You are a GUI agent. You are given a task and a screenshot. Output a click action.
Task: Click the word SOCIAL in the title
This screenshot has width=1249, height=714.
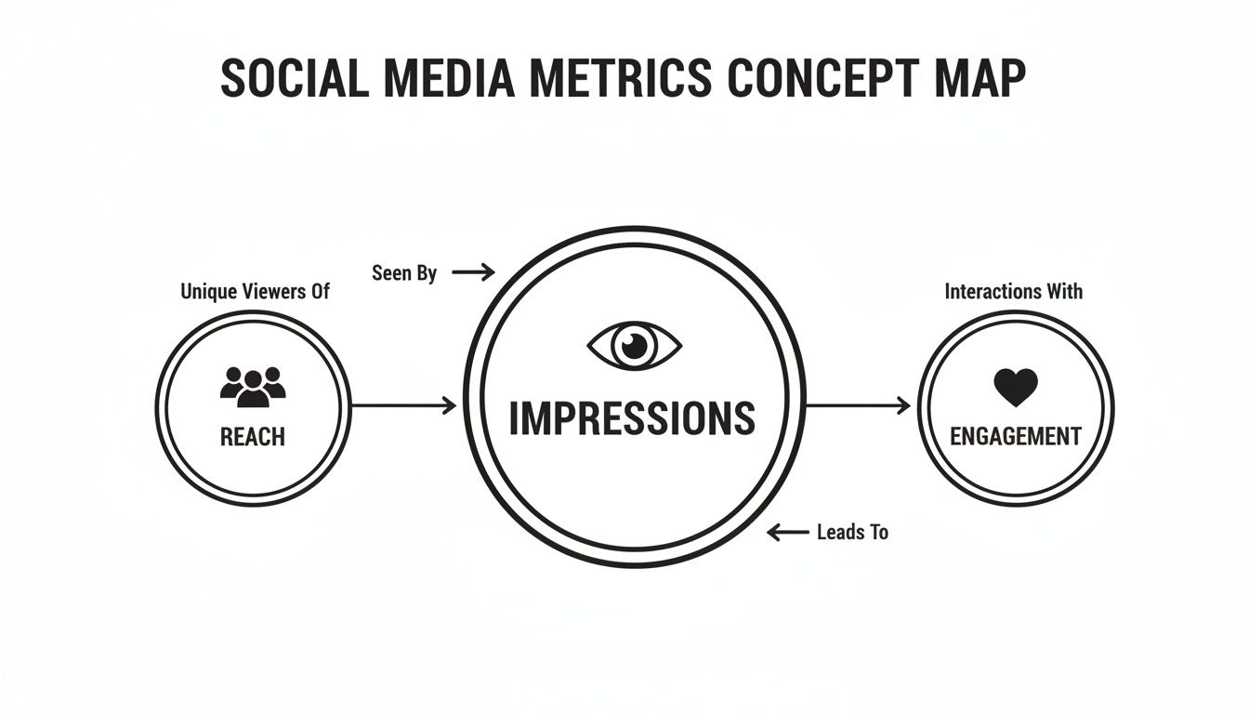(295, 79)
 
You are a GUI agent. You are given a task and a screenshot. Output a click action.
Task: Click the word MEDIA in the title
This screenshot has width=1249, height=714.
(449, 79)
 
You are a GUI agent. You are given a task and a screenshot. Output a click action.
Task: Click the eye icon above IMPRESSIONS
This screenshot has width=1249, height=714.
(634, 346)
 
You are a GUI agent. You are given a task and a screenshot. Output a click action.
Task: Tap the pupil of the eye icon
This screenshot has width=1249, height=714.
(634, 346)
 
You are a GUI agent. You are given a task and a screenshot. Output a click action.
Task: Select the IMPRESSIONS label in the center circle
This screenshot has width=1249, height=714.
(632, 417)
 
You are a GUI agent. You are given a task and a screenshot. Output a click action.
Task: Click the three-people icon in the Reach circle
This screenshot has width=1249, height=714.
(253, 387)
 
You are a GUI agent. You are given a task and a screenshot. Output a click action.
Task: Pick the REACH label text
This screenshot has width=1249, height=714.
(253, 437)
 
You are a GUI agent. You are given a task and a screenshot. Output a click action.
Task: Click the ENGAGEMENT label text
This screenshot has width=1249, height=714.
(1016, 437)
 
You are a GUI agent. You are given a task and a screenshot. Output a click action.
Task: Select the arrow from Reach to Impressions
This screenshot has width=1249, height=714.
(404, 405)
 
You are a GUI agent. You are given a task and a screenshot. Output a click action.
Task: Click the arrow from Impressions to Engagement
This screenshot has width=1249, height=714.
(858, 405)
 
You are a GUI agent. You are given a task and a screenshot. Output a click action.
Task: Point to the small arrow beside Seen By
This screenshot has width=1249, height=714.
(473, 272)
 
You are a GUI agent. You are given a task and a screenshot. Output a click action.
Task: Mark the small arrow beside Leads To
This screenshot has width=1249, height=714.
(788, 532)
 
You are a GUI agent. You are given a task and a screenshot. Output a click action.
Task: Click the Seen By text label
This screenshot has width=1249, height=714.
(404, 273)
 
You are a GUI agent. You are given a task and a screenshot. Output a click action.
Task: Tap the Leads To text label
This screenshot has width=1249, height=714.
(852, 532)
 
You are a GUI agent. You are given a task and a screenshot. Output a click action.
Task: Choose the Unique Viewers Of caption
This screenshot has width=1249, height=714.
(255, 292)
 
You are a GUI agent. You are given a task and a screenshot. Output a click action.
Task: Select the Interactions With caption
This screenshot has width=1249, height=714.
(1014, 291)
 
